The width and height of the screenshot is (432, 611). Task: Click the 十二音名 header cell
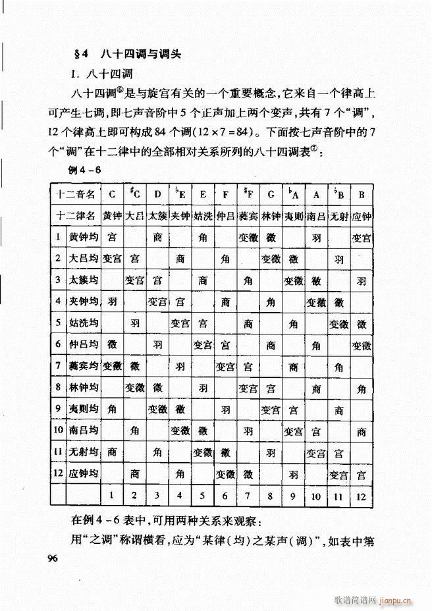76,194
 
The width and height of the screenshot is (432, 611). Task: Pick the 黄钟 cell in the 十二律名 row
112,215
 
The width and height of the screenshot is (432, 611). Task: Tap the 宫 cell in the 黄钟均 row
112,236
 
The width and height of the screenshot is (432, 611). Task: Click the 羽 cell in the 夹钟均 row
112,302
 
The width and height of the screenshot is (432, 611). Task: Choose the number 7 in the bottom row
248,494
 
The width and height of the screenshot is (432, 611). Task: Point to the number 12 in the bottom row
360,494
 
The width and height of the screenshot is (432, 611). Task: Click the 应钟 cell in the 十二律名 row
360,215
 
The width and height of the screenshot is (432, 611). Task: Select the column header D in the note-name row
157,194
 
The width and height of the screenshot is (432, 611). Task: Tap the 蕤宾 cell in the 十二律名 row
248,215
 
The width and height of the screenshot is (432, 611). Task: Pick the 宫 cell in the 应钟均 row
360,473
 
